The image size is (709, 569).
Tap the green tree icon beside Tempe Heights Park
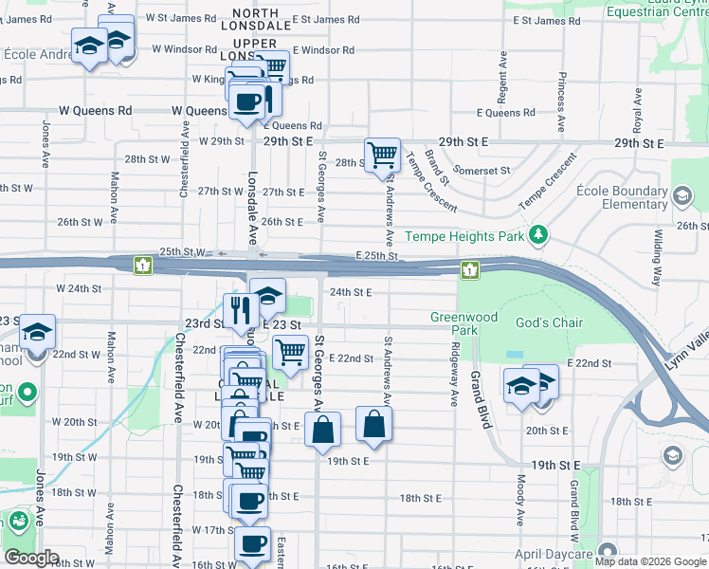(x=538, y=233)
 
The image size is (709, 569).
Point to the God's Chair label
(x=549, y=322)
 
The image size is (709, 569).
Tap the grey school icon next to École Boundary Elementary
(x=682, y=196)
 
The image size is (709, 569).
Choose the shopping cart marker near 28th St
(x=382, y=155)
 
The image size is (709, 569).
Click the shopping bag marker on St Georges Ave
(x=323, y=429)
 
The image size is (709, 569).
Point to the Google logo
(x=30, y=558)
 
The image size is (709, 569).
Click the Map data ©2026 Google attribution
(x=649, y=561)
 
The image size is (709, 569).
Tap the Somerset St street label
(x=482, y=171)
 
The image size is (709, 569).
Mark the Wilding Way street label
(x=656, y=256)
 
